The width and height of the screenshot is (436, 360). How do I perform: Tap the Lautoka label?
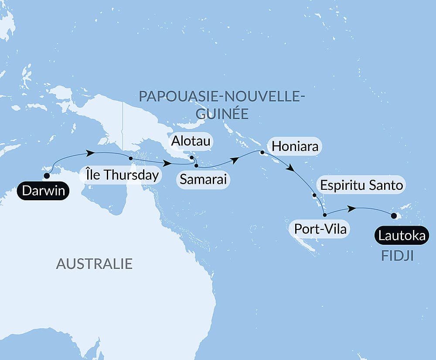(x=402, y=236)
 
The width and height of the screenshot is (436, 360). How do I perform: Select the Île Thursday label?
(x=121, y=176)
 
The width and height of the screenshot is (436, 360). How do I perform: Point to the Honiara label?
(x=294, y=146)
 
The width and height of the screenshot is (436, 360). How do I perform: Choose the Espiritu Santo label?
(x=361, y=185)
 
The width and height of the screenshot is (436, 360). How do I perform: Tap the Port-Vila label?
(x=320, y=229)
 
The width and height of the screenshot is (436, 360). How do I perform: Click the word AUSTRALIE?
(x=94, y=264)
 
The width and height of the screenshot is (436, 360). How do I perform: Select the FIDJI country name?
(x=397, y=256)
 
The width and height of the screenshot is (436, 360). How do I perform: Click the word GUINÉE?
(x=222, y=114)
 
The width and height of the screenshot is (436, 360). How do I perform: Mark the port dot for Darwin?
(x=46, y=176)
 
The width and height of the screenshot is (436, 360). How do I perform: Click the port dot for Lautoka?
(x=394, y=216)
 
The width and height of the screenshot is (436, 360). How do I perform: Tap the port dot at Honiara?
(x=262, y=153)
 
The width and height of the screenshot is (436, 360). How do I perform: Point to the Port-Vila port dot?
(x=324, y=215)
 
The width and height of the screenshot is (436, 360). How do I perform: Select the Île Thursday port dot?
(x=130, y=158)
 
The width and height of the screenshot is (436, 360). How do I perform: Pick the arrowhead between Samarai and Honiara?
(x=235, y=160)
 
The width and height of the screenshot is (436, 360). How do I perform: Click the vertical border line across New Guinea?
(x=123, y=127)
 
